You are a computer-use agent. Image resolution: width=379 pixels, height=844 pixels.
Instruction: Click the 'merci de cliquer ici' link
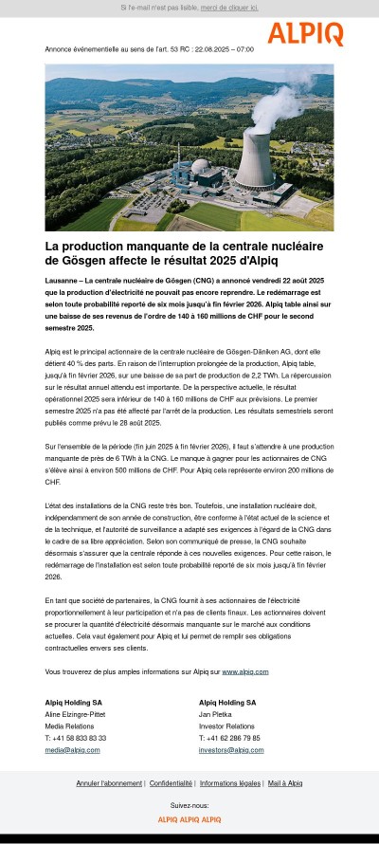click(x=229, y=7)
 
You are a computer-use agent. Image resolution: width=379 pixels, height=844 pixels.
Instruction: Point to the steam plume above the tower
click(x=284, y=95)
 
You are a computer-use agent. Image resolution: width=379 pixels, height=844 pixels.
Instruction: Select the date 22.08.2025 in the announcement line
click(x=214, y=48)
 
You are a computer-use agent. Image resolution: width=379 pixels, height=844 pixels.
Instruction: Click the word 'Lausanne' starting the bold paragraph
click(x=63, y=282)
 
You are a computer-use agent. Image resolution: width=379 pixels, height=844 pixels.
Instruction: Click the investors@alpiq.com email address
click(x=231, y=749)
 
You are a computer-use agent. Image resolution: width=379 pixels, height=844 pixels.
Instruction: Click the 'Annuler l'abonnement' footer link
click(x=108, y=783)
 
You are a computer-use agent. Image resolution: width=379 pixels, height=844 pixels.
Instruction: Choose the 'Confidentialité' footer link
click(x=171, y=783)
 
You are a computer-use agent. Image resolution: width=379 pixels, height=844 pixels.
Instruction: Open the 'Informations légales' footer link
click(x=228, y=783)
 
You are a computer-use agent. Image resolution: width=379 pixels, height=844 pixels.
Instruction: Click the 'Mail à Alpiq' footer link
click(x=284, y=783)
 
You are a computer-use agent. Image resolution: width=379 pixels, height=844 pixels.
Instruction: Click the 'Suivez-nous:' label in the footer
click(x=189, y=804)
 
